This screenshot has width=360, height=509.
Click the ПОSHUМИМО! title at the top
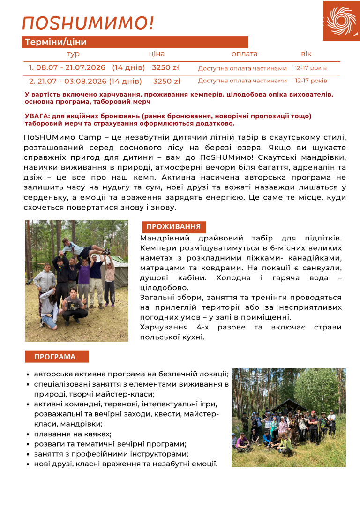coord(88,22)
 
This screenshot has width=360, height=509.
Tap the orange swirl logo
coord(341,21)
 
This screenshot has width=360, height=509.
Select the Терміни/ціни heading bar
coord(135,42)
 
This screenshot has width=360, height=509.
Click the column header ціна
coord(157,54)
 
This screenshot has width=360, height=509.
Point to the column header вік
coord(306,54)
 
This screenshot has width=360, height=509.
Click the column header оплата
coord(244,54)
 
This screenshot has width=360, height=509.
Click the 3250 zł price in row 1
coord(165,68)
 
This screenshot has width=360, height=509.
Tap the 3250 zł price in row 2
coord(166,82)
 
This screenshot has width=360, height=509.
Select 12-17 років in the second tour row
coord(311,81)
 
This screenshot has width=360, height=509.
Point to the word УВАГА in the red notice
coord(37,116)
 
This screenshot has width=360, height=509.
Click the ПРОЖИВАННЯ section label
coord(173,227)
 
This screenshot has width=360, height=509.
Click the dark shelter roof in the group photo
coord(289,404)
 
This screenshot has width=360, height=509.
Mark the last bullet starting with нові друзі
coord(126,464)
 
